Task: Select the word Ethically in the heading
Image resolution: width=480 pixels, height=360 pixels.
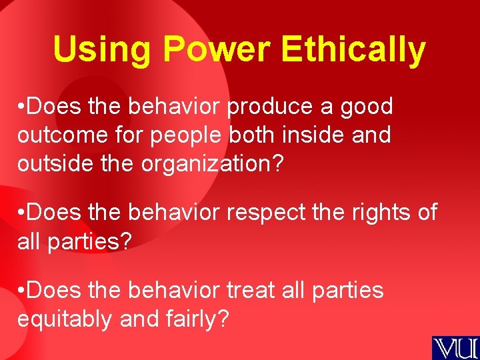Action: (x=353, y=50)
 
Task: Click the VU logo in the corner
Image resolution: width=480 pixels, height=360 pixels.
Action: (x=455, y=347)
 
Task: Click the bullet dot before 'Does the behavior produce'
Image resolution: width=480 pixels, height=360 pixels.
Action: (x=22, y=107)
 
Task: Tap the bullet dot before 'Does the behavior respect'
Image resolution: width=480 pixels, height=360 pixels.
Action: (x=22, y=213)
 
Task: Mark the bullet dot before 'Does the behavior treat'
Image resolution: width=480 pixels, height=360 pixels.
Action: (x=22, y=291)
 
